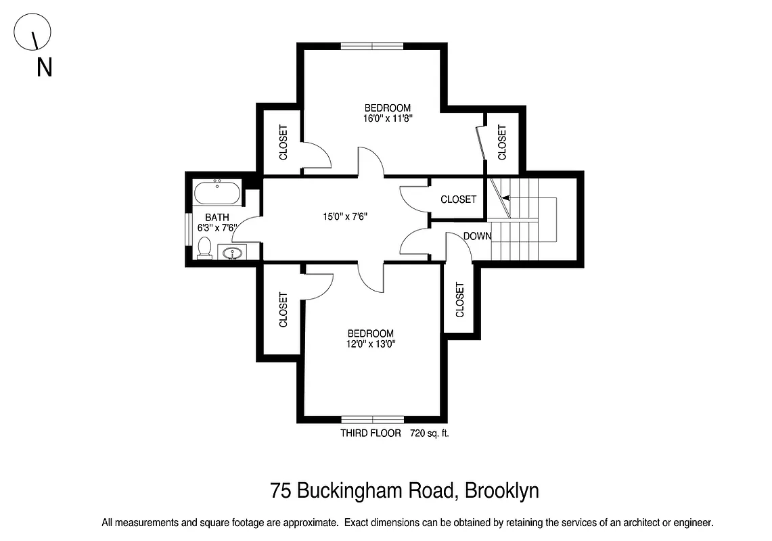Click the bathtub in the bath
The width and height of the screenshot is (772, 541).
coord(217,193)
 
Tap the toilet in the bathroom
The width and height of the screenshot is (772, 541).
coord(204,249)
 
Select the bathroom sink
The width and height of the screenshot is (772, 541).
coord(232,254)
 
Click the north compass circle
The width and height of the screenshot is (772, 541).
coord(32,33)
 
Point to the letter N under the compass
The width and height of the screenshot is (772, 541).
coord(45,68)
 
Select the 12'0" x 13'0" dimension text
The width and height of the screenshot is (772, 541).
coord(370,344)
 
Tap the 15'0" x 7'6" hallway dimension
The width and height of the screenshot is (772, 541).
coord(344,217)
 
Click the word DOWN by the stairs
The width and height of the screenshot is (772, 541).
coord(478,236)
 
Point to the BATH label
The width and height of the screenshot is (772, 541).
coord(217,218)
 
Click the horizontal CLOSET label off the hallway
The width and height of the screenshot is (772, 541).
coord(458,199)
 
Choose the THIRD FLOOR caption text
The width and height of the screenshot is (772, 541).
coord(371,433)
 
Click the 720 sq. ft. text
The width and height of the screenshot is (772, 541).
coord(430,433)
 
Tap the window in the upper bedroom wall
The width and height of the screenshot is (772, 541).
coord(371,46)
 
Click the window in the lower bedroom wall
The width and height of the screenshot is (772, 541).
coord(373,419)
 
